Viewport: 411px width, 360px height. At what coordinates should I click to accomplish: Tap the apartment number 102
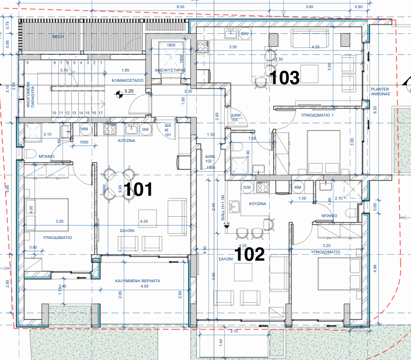250,254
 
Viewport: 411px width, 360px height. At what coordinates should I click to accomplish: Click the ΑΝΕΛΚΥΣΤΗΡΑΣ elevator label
170,69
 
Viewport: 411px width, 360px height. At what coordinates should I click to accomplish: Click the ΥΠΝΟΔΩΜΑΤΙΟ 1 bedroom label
316,116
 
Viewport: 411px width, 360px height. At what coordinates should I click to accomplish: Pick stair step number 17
101,113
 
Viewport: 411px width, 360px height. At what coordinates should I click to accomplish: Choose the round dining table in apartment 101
119,184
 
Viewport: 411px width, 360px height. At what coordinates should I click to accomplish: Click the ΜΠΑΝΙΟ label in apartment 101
47,157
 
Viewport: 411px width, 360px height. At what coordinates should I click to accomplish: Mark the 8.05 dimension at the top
180,6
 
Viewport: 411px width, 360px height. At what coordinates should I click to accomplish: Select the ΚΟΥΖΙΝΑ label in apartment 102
257,203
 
